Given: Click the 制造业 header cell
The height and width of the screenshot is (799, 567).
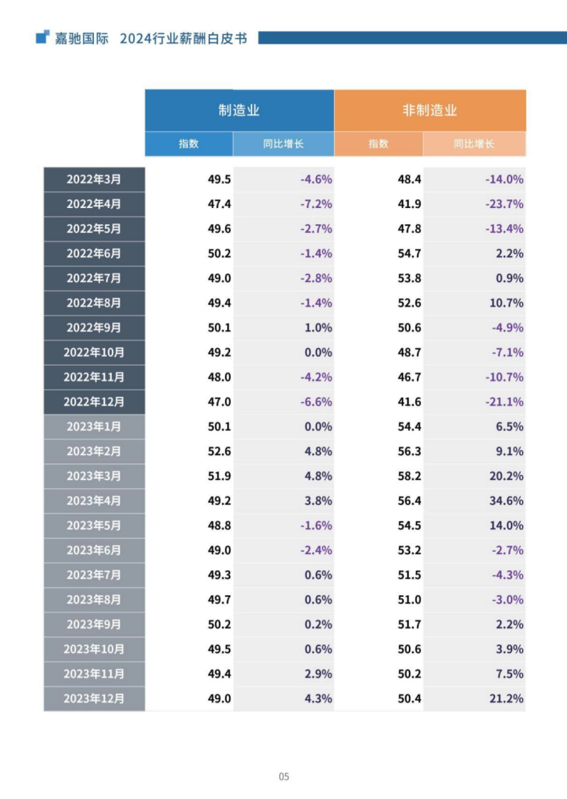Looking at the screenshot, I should [239, 111].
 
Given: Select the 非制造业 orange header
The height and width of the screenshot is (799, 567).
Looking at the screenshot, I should [430, 111].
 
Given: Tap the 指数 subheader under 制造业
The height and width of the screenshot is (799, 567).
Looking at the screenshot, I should [189, 144].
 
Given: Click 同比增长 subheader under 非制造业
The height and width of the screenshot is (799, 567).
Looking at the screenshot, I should [474, 144].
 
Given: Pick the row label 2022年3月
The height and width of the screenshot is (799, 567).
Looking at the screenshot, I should [94, 180].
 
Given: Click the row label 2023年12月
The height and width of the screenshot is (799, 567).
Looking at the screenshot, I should [94, 698].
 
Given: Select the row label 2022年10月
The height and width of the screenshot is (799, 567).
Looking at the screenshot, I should [94, 352].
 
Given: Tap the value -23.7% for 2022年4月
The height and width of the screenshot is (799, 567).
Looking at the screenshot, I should [504, 204].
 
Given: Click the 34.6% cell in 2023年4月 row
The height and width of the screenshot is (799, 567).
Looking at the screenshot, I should [506, 501].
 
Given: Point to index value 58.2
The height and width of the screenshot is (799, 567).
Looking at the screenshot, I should [409, 476].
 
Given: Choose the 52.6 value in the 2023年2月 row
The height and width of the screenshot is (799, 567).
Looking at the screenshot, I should [219, 451].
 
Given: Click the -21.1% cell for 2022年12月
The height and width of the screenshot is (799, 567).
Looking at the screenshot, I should [504, 402].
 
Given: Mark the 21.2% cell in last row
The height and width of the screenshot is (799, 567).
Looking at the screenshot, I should [506, 698].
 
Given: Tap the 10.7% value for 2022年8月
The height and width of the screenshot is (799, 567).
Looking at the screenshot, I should [506, 303].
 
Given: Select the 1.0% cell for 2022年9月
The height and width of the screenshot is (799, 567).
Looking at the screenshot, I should [318, 328].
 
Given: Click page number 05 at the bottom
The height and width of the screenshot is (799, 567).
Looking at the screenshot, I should [283, 776].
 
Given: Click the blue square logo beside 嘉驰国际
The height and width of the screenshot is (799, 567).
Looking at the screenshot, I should [43, 37].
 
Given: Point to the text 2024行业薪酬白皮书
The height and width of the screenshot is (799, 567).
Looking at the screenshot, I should [183, 38].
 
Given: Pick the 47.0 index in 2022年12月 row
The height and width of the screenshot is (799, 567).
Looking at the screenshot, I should [219, 402].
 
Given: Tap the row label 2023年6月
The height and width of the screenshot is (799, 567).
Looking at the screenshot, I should [94, 550].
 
